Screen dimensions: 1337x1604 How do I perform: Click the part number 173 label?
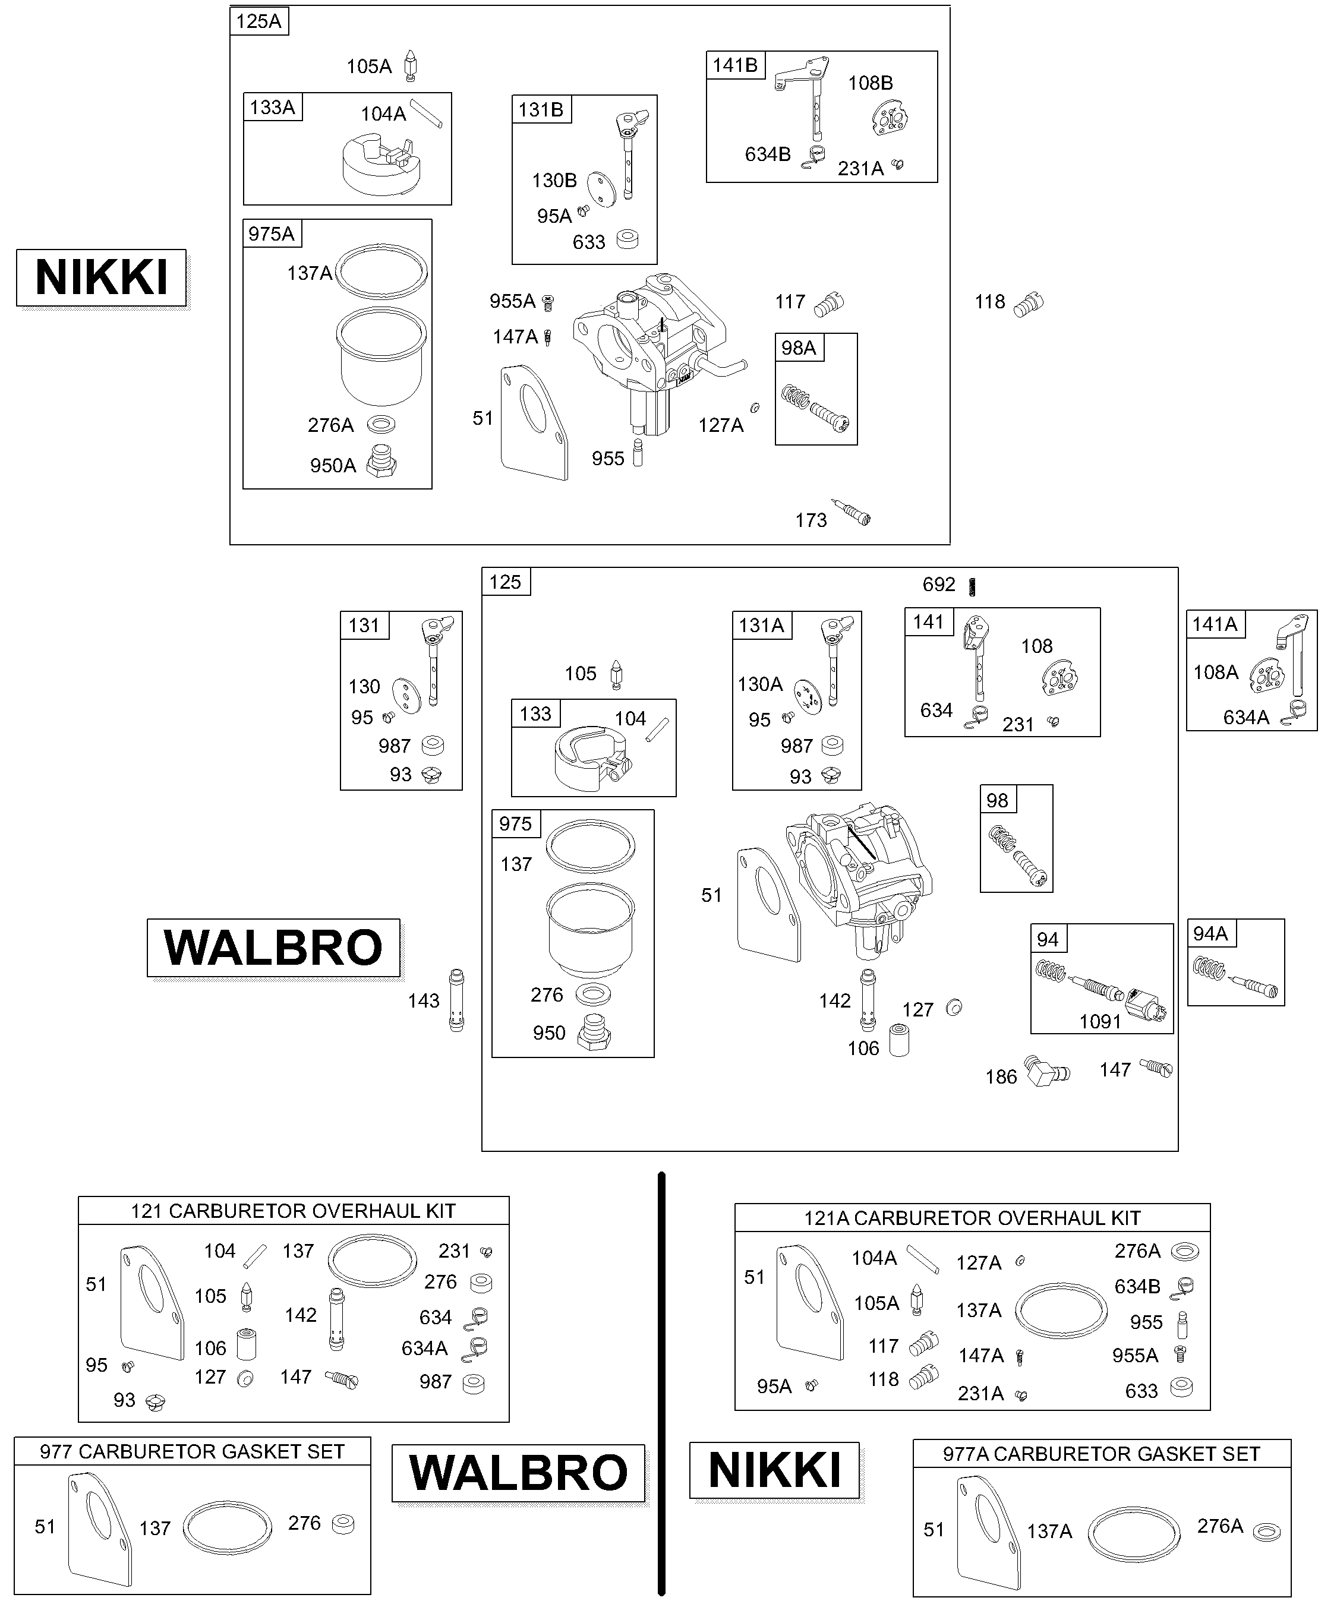coord(811,520)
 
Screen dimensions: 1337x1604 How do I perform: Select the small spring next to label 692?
coord(973,586)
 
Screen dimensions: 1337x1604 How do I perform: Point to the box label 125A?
coord(259,21)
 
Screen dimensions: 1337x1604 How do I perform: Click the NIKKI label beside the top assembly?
coord(102,277)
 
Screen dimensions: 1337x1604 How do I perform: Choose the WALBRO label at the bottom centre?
coord(519,1473)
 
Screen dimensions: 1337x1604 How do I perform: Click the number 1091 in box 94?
coord(1099,1021)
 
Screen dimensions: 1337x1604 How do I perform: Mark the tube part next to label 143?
coord(456,1000)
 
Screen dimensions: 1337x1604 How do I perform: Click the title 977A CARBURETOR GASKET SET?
coord(1101,1454)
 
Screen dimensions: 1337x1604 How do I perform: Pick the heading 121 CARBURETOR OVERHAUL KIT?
coord(294,1211)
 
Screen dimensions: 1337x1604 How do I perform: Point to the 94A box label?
coord(1210,933)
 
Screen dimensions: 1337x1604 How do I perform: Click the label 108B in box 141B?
coord(870,83)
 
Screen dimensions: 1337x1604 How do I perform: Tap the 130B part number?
coord(554,180)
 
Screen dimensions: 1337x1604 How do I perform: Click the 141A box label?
coord(1215,624)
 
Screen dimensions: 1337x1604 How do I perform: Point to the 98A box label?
coord(799,348)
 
